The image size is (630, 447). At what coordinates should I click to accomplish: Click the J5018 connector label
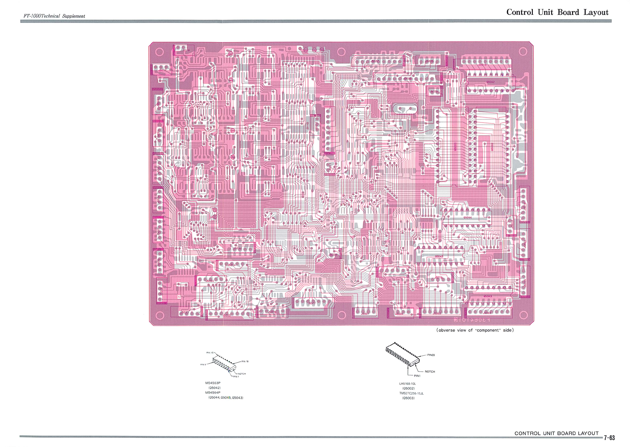pos(185,50)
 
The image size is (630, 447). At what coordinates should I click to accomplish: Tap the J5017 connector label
pos(162,70)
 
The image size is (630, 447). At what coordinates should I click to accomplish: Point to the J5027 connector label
pos(375,61)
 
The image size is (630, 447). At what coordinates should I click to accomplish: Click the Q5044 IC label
pos(467,218)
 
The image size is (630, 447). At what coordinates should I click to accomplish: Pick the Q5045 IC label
pos(439,256)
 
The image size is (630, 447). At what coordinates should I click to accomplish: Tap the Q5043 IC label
pos(487,296)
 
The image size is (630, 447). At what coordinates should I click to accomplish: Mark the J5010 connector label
pos(438,278)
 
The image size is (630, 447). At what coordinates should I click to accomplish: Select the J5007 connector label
pos(311,303)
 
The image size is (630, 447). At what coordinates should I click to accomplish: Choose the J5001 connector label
pos(365,314)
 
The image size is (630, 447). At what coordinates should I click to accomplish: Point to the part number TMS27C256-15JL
pos(411,393)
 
